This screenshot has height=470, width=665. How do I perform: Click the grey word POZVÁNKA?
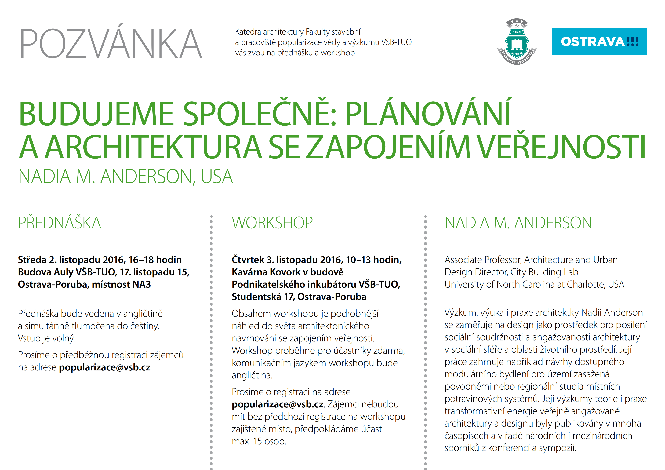click(x=111, y=43)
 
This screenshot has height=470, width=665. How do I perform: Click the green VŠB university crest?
click(x=517, y=42)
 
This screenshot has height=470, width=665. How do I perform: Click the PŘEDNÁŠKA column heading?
click(x=60, y=223)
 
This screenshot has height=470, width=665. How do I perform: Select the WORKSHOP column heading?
click(x=272, y=223)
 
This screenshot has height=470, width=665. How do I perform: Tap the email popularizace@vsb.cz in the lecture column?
click(x=105, y=367)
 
